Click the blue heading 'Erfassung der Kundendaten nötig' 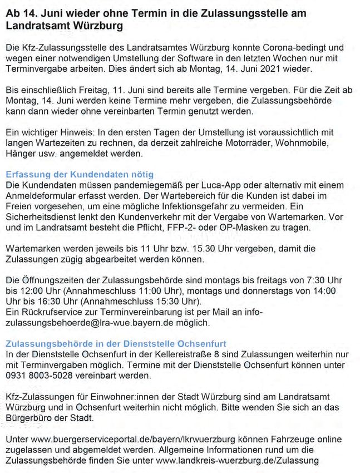[80, 175]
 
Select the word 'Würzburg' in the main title [93, 26]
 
